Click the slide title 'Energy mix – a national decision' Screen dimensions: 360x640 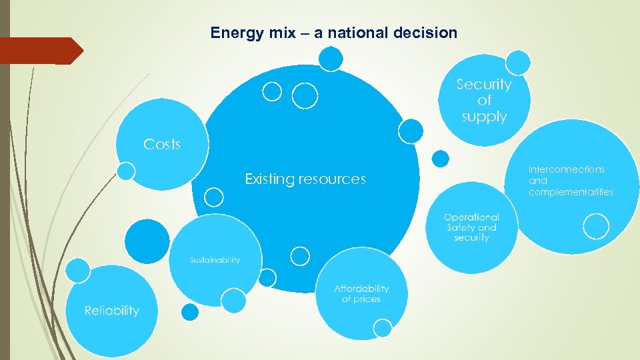[x=333, y=33]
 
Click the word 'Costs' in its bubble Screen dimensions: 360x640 [x=162, y=144]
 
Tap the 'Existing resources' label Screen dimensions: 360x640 [x=305, y=179]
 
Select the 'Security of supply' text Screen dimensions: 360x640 [x=484, y=101]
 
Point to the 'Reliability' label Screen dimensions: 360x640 [x=111, y=311]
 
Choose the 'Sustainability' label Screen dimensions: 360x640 [x=214, y=260]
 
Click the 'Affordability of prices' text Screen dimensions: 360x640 [x=361, y=294]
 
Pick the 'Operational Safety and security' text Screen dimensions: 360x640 [x=471, y=227]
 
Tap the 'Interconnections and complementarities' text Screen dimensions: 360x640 [x=570, y=181]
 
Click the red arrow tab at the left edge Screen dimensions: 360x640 [x=40, y=51]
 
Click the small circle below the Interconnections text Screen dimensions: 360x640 [x=595, y=226]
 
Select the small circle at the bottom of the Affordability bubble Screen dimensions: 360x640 [x=383, y=327]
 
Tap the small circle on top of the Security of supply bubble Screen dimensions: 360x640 [x=518, y=63]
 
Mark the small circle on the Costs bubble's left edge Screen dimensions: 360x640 [x=125, y=171]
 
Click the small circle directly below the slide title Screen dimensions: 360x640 [x=331, y=59]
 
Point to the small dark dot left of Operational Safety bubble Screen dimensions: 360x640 [x=440, y=158]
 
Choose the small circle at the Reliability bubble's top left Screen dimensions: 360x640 [x=78, y=270]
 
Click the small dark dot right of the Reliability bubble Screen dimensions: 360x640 [x=190, y=312]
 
